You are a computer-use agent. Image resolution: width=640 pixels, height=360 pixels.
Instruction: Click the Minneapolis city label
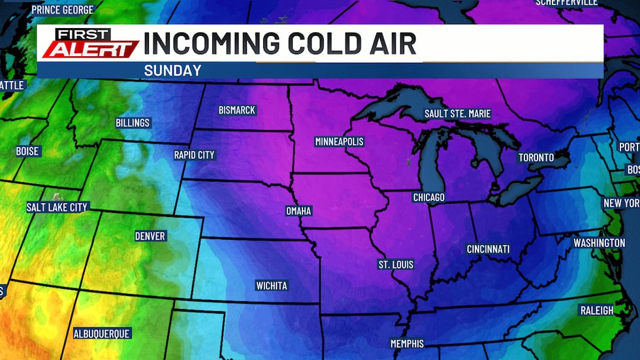point(339,142)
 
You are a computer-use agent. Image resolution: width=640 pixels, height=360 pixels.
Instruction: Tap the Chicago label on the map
point(428,197)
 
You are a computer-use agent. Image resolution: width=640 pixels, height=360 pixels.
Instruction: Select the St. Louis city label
point(396,265)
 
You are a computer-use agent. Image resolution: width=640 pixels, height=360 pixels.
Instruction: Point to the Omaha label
point(298,211)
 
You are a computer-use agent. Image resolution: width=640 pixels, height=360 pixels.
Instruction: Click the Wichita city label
point(271,286)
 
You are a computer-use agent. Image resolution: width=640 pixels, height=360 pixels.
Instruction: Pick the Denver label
point(150,236)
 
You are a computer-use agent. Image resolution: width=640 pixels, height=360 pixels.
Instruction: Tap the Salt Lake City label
point(57,207)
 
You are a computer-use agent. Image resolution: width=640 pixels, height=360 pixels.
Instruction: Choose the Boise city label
point(28,151)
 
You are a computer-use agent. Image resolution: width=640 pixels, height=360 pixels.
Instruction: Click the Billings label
point(133,123)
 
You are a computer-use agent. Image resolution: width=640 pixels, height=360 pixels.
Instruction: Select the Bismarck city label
point(237,110)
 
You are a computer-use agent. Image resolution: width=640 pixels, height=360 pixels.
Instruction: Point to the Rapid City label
point(194,155)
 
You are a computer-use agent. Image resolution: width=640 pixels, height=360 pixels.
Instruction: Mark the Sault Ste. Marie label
point(457,114)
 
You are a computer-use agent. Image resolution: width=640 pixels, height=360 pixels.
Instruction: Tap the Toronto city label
point(536,157)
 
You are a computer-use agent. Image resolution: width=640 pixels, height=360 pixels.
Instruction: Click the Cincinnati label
point(488,249)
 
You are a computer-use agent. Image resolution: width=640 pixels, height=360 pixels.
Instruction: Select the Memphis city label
point(407,344)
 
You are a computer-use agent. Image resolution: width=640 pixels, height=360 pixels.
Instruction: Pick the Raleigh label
point(597,310)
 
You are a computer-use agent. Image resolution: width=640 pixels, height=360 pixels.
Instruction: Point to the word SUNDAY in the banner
point(172,71)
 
